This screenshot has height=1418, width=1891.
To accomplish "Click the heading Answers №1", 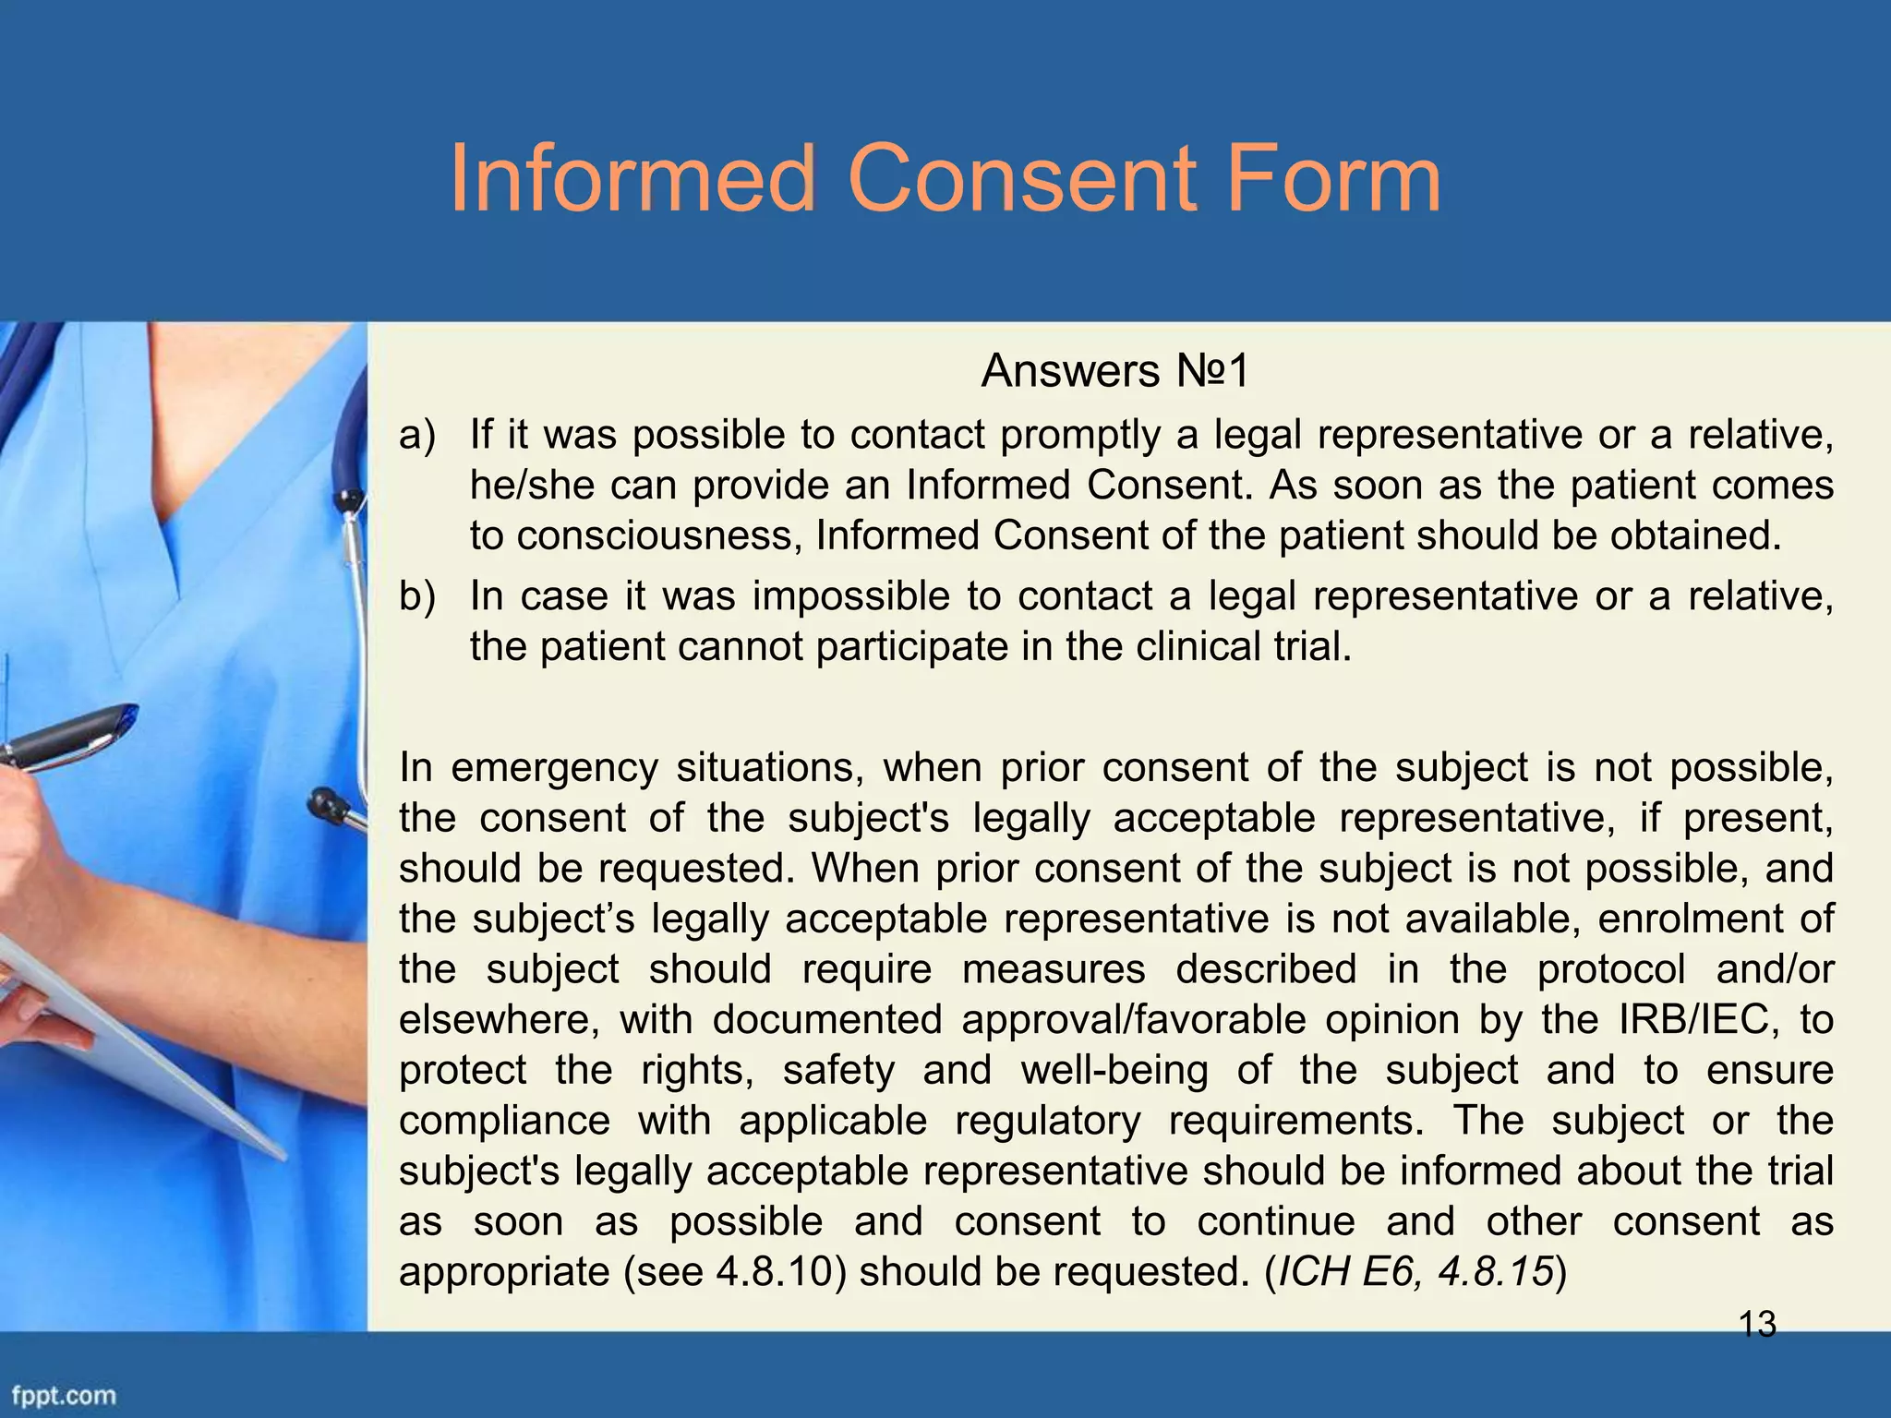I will [1114, 372].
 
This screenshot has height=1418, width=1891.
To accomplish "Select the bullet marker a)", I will [416, 435].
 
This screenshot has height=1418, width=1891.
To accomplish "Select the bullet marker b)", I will [416, 596].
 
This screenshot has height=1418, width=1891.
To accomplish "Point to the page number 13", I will [1757, 1325].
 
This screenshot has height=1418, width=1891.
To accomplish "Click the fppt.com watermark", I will [64, 1395].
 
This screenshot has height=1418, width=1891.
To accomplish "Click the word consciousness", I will [637, 535].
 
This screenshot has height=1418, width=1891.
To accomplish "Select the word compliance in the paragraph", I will [504, 1121].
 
